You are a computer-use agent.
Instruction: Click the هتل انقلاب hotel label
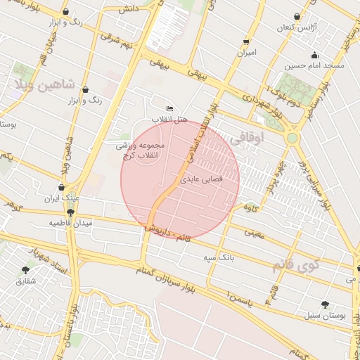pos(172,120)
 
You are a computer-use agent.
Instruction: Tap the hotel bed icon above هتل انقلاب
pos(169,109)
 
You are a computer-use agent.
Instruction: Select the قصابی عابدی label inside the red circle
pos(202,179)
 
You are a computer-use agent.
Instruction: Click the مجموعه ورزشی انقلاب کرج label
pos(141,149)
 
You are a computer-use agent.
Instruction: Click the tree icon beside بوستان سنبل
pos(324,304)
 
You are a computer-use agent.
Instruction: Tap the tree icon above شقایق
pos(26,269)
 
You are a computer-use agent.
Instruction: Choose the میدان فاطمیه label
pos(70,223)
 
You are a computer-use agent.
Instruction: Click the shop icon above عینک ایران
pos(62,188)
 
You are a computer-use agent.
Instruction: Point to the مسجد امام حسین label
pos(314,65)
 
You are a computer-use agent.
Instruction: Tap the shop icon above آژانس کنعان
pos(297,16)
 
